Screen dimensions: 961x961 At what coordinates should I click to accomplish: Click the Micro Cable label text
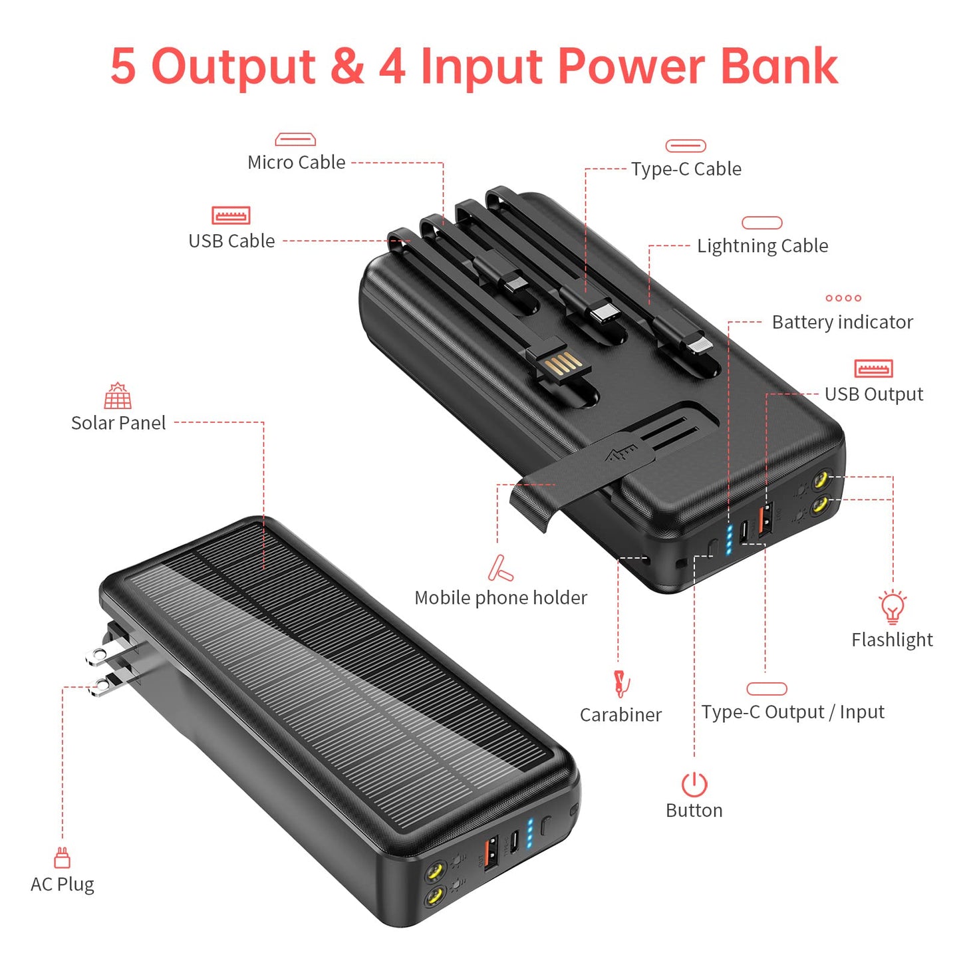pos(296,162)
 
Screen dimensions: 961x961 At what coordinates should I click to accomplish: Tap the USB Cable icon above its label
pos(231,215)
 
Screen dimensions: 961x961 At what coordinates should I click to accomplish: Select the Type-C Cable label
pos(686,169)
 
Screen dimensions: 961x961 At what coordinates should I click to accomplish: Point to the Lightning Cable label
pos(762,246)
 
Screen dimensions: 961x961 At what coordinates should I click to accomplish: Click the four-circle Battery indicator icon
pos(843,298)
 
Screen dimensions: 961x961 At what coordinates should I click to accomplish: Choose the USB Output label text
pos(873,394)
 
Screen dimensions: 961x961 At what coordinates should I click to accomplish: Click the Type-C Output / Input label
pos(792,712)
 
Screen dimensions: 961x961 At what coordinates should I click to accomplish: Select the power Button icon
pos(694,785)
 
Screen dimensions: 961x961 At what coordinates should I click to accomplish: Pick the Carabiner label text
pos(620,715)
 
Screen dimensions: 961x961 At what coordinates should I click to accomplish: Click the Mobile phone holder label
pos(501,598)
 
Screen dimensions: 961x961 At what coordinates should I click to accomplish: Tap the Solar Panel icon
pos(118,396)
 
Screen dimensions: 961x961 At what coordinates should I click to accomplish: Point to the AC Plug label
pos(63,885)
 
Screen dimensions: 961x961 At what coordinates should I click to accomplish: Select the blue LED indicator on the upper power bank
pos(730,539)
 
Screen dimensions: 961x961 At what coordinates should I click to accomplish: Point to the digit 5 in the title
pos(123,67)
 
